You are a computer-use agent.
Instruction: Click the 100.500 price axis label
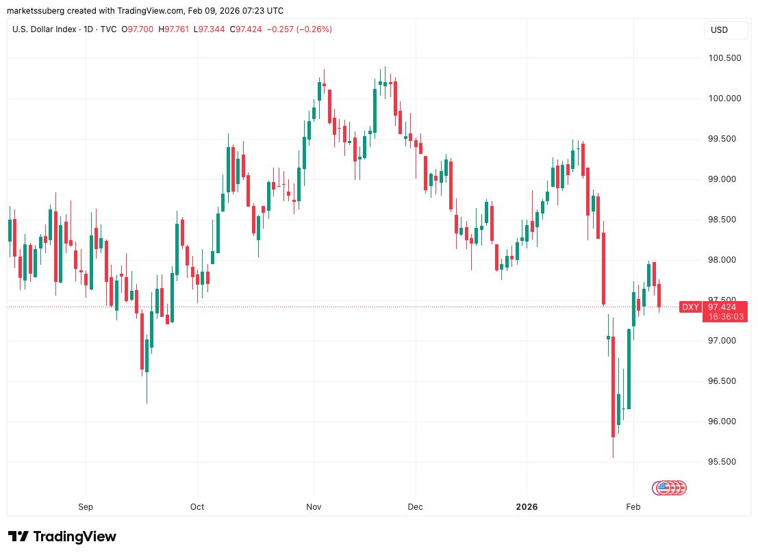[724, 58]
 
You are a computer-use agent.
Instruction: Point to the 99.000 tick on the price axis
[724, 179]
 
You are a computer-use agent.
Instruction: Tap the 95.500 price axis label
[724, 462]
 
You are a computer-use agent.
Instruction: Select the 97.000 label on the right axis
[724, 341]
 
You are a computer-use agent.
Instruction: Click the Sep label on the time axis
[86, 507]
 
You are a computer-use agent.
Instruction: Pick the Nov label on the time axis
[314, 507]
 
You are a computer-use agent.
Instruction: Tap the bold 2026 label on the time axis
[527, 507]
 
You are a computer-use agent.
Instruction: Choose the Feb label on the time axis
[633, 507]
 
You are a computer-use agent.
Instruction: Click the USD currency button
[719, 30]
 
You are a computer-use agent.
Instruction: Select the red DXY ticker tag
[690, 307]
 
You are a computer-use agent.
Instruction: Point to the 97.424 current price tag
[722, 307]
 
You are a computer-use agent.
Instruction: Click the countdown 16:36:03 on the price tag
[722, 317]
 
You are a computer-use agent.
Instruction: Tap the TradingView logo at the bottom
[62, 536]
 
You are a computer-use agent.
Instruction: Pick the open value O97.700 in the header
[139, 29]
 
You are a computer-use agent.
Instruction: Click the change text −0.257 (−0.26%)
[300, 29]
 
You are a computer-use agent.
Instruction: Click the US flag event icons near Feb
[670, 488]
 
